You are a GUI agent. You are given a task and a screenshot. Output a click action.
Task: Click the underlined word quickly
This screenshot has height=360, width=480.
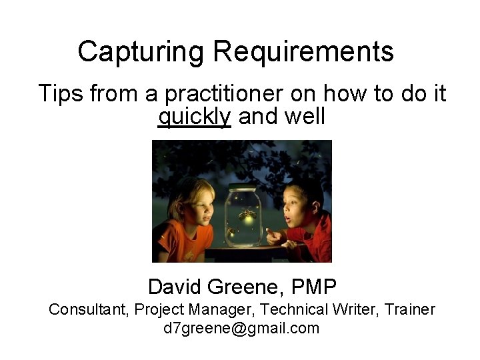tap(194, 117)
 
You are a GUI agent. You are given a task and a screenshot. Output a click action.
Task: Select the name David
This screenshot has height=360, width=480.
tap(175, 287)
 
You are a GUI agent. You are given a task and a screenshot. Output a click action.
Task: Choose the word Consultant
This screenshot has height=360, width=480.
tap(89, 309)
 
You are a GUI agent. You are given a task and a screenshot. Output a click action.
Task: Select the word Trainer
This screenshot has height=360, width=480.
tap(411, 309)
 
